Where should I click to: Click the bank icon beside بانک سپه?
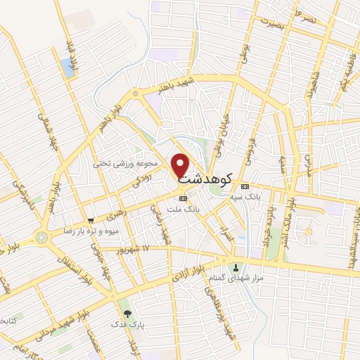(245, 186)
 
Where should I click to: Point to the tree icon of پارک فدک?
(127, 314)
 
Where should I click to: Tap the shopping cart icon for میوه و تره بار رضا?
(90, 221)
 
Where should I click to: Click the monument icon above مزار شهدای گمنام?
(236, 267)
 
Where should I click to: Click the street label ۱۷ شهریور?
(136, 249)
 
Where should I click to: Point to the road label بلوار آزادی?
(188, 276)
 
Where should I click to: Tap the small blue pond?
(67, 67)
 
